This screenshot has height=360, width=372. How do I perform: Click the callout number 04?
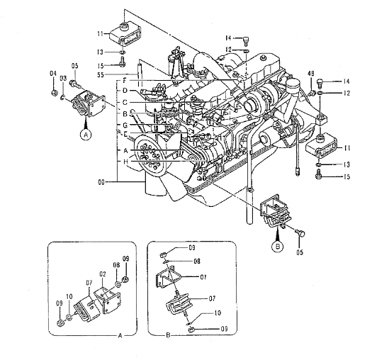53,74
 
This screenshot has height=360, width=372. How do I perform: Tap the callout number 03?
63,79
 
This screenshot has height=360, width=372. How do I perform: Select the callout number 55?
101,74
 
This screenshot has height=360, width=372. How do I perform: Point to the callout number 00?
101,183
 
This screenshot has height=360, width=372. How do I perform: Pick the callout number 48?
311,74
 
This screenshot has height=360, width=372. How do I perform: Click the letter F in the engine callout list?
125,81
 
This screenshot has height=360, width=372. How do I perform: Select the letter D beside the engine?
125,91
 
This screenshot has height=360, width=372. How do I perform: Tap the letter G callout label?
125,125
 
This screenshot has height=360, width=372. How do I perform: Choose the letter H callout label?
125,162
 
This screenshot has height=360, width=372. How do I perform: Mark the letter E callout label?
125,133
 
